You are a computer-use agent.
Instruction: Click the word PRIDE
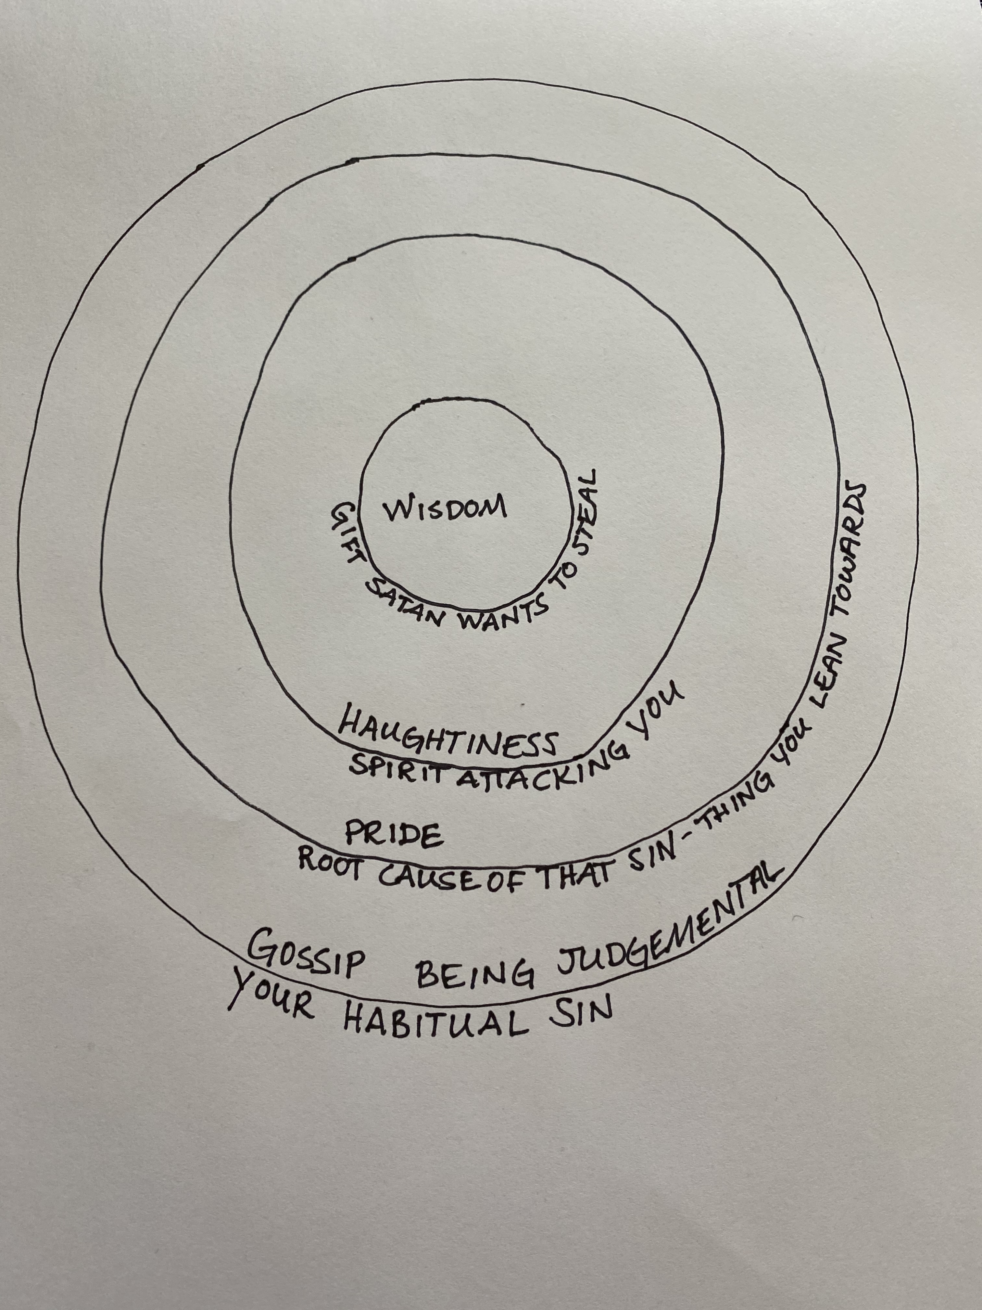[394, 835]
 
